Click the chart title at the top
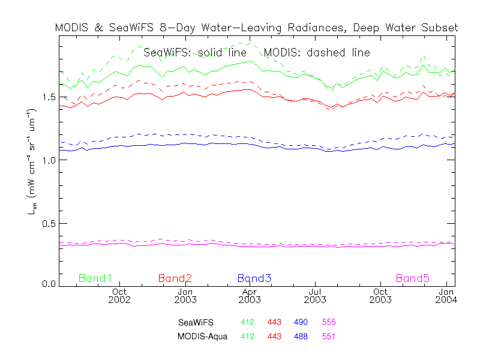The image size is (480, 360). click(x=256, y=28)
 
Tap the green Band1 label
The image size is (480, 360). click(x=95, y=278)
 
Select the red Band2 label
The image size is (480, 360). click(x=175, y=278)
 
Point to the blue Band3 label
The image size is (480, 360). click(x=254, y=278)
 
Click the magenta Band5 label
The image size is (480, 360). click(x=412, y=278)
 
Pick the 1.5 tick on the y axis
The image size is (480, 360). click(x=47, y=97)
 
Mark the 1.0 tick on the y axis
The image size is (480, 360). click(x=47, y=160)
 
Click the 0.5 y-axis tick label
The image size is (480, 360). click(x=47, y=223)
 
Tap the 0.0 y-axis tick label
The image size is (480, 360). click(x=47, y=284)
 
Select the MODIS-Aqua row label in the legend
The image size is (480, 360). click(x=202, y=337)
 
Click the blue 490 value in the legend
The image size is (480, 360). click(x=301, y=323)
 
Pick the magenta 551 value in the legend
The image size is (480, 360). click(x=329, y=337)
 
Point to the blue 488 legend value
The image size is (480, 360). click(x=301, y=337)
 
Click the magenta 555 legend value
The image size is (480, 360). click(x=329, y=323)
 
